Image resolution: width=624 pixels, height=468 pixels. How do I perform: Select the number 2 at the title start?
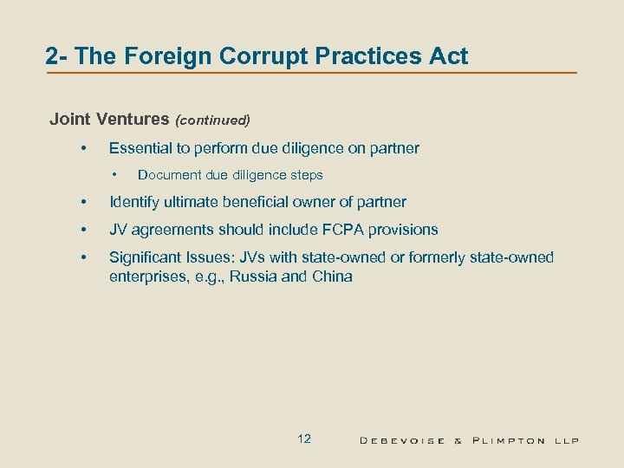click(x=53, y=57)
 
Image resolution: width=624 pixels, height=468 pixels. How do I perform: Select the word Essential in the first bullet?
click(x=138, y=148)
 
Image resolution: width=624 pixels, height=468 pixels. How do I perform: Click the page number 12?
click(x=303, y=439)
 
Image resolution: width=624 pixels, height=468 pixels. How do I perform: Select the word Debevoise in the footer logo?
click(x=402, y=440)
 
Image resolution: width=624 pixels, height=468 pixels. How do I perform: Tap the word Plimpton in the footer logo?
click(x=509, y=440)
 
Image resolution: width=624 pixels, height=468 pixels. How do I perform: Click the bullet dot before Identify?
click(x=83, y=202)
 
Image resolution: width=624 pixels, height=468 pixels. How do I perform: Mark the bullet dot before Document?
click(x=112, y=175)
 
